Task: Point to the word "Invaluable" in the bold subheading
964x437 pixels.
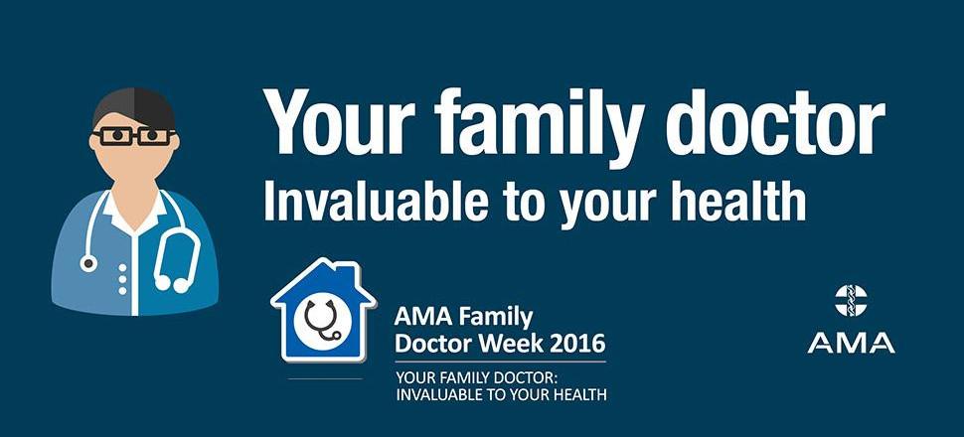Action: tap(378, 201)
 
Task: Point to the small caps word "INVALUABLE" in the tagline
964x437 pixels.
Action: tap(436, 394)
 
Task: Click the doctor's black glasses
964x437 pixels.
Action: tap(134, 136)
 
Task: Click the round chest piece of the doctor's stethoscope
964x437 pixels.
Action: tap(88, 263)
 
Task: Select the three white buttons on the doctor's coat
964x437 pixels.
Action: tap(122, 279)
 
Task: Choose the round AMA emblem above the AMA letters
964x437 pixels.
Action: tap(851, 301)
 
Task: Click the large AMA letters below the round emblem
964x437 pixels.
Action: tap(851, 344)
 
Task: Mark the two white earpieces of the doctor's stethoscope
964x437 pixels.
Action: tap(172, 283)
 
